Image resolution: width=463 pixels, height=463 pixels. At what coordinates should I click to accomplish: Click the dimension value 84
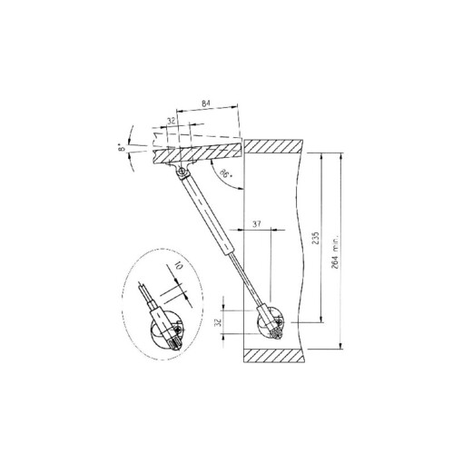click(x=207, y=107)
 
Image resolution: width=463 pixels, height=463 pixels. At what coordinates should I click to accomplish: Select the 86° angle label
click(x=225, y=172)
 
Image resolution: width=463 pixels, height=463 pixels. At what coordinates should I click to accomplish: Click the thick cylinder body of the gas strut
click(x=211, y=218)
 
